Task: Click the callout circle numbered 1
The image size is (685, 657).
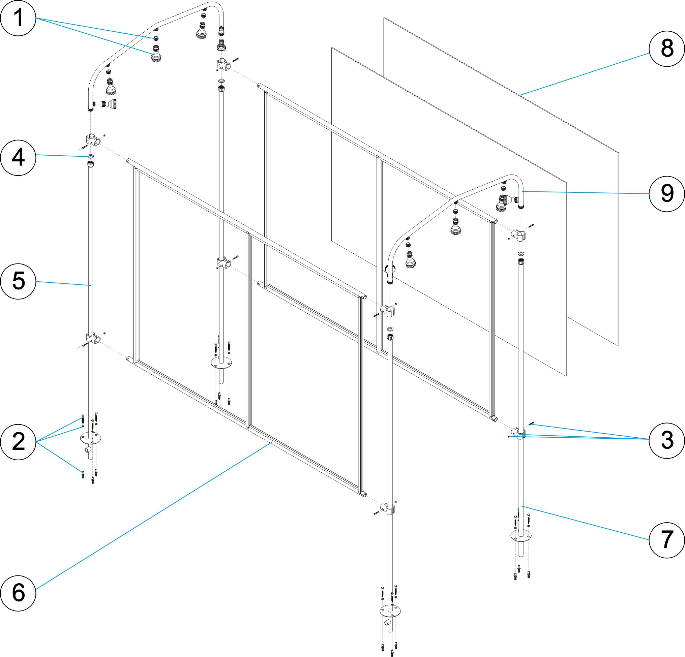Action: [18, 18]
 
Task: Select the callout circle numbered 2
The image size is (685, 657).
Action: [18, 441]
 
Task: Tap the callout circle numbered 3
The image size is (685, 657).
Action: [667, 440]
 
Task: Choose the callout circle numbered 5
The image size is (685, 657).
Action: [18, 281]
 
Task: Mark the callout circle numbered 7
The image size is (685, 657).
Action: [667, 540]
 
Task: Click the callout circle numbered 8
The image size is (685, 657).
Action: [667, 49]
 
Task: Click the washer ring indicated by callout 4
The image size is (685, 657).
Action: [91, 156]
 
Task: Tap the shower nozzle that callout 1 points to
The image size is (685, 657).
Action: [156, 54]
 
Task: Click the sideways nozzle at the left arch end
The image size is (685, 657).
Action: [108, 104]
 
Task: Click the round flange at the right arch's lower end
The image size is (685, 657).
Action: [390, 270]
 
